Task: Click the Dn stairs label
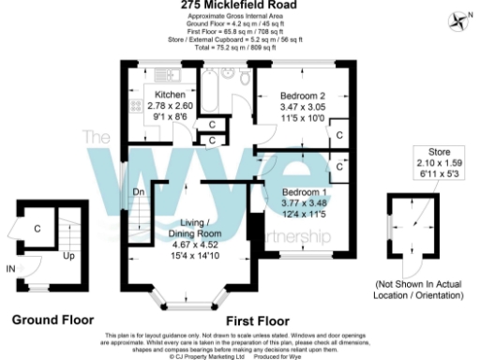pos(138,192)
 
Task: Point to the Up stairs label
pos(43,254)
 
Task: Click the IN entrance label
pos(10,269)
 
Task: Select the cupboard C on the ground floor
pos(37,228)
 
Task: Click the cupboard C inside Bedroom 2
pos(338,135)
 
